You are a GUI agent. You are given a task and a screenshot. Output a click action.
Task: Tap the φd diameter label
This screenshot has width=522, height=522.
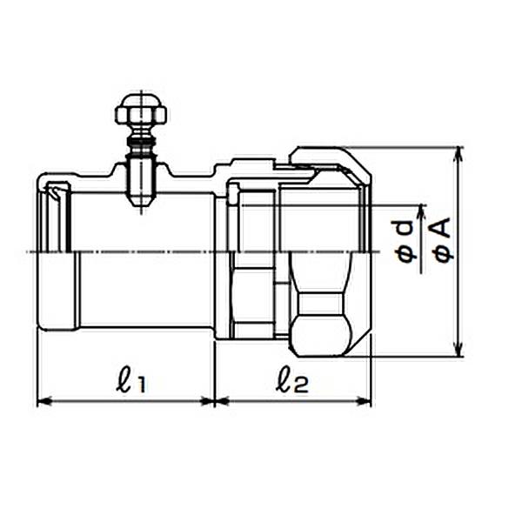point(406,242)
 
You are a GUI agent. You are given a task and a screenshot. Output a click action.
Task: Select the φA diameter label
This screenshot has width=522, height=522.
point(443,239)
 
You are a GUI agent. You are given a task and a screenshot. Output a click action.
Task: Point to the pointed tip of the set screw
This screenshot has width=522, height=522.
point(141,204)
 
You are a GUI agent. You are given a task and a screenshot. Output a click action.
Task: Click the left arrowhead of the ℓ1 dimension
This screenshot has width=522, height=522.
point(44,402)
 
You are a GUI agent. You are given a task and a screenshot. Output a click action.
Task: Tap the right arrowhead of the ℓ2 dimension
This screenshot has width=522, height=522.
point(364,402)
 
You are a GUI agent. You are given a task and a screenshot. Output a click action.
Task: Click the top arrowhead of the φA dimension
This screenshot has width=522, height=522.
point(459,155)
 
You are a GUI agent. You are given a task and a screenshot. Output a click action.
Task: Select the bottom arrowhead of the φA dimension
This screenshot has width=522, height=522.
point(459,349)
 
